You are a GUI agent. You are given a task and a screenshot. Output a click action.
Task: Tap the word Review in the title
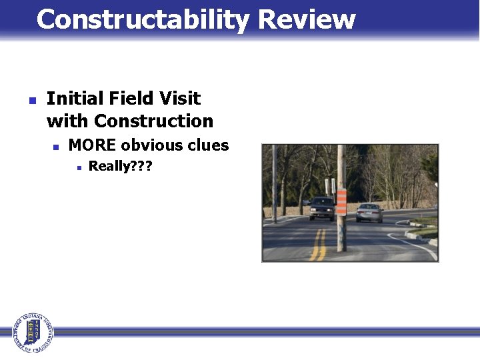pos(307,19)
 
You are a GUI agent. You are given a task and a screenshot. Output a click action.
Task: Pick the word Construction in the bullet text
pos(153,121)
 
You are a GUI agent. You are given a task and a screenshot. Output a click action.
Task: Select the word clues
pos(208,145)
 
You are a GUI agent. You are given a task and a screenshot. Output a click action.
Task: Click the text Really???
pos(120,167)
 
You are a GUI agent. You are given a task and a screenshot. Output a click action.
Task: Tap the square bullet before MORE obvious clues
pos(56,147)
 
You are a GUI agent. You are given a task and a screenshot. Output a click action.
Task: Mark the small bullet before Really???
pos(79,168)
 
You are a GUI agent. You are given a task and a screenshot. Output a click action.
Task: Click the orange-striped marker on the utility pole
pos(341,202)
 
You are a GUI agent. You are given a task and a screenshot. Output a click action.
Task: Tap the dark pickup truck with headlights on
pos(321,208)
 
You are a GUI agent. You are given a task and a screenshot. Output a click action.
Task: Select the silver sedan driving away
pos(369,213)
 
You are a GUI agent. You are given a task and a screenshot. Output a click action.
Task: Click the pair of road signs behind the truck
pos(329,186)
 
